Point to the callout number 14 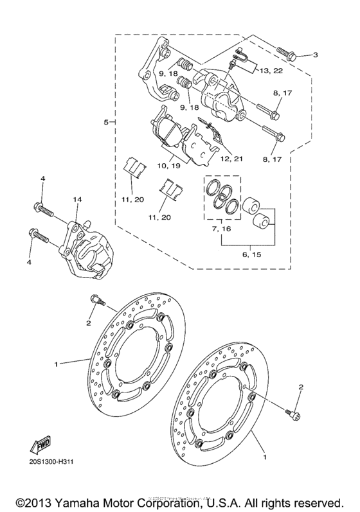pyautogui.click(x=78, y=200)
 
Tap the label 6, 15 pyautogui.click(x=251, y=255)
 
